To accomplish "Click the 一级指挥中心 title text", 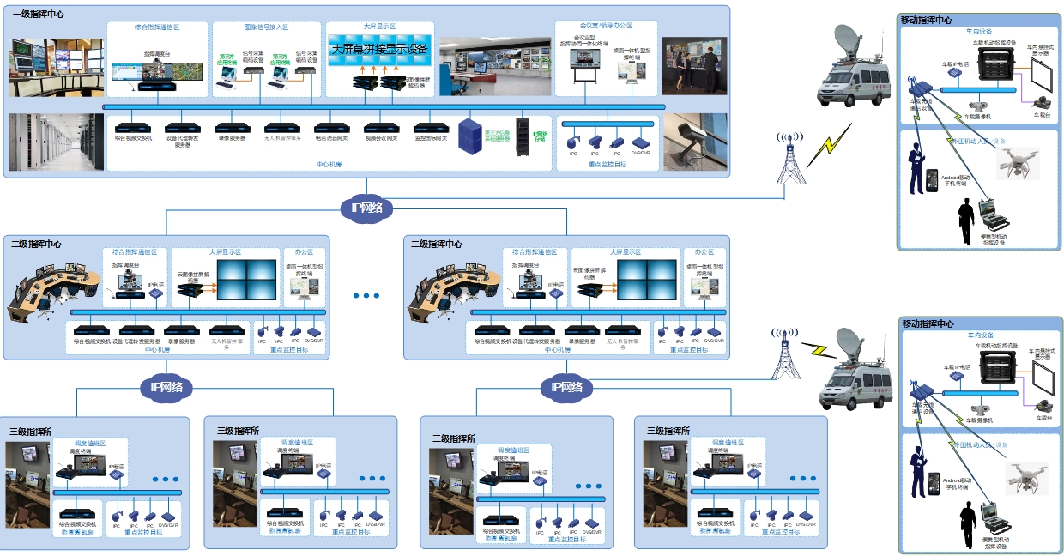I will [x=39, y=15].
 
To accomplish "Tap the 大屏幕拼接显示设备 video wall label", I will [x=379, y=49].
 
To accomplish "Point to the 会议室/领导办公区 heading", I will [x=606, y=27].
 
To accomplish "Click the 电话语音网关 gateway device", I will [x=331, y=127].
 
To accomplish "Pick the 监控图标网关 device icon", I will [x=432, y=127].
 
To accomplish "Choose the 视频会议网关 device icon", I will [x=381, y=127].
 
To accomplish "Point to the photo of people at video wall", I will [x=694, y=65].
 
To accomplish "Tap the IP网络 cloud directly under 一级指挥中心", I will [x=367, y=207].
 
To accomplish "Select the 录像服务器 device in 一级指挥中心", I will [x=232, y=127].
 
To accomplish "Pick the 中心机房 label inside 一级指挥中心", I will [x=329, y=164].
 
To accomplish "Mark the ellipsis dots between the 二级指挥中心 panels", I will [x=366, y=296].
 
